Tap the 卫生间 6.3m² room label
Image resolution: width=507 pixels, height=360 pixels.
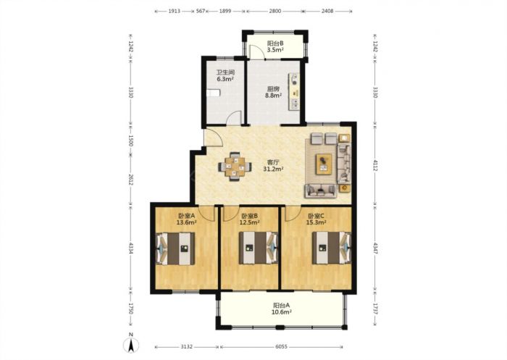(225, 75)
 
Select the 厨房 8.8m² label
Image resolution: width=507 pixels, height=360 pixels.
(273, 92)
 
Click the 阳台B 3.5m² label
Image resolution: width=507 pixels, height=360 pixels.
(275, 46)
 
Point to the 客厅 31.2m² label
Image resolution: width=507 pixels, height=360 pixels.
(274, 165)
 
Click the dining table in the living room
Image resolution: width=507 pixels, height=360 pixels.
(235, 167)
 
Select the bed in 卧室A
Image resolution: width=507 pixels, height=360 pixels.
(175, 248)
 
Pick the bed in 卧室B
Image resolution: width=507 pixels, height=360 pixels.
(259, 248)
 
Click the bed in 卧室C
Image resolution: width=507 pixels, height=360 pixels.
(332, 248)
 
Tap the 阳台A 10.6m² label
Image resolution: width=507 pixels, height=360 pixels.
(282, 309)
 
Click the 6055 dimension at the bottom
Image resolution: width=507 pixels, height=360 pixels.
(281, 346)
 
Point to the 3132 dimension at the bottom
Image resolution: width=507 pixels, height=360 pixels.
(187, 346)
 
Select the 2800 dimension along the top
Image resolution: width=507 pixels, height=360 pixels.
(275, 11)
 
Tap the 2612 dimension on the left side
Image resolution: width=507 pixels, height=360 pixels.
(130, 180)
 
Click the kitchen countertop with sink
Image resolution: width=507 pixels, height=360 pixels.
(294, 91)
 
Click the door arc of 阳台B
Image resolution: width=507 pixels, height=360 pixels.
(258, 52)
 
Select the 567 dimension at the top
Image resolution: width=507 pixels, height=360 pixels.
(201, 11)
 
